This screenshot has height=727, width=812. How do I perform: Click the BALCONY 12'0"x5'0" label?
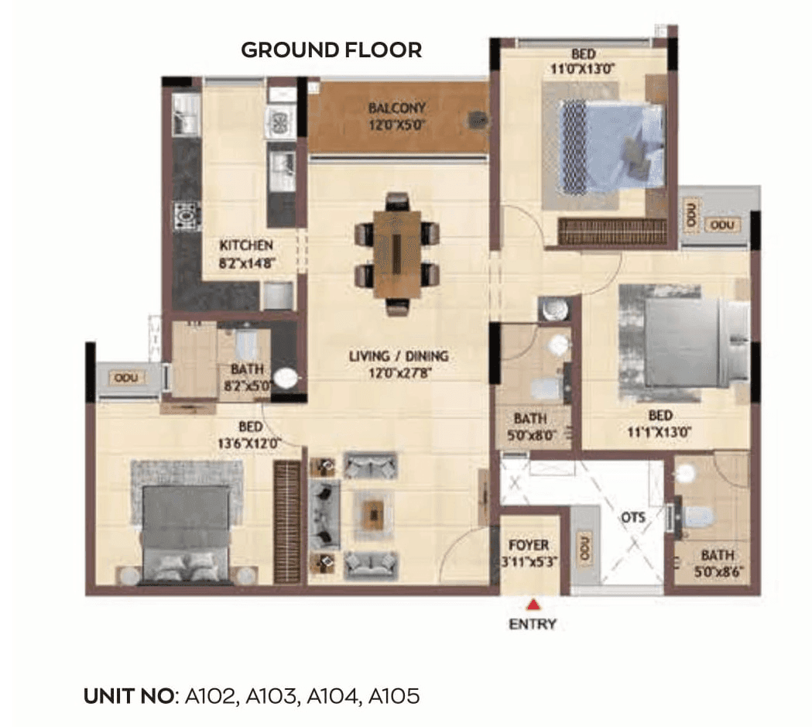396,115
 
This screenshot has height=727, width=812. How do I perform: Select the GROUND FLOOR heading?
331,50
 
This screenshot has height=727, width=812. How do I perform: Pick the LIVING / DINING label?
399,364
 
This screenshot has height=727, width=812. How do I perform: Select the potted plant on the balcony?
478,119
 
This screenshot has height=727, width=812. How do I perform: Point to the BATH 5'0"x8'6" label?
718,563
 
